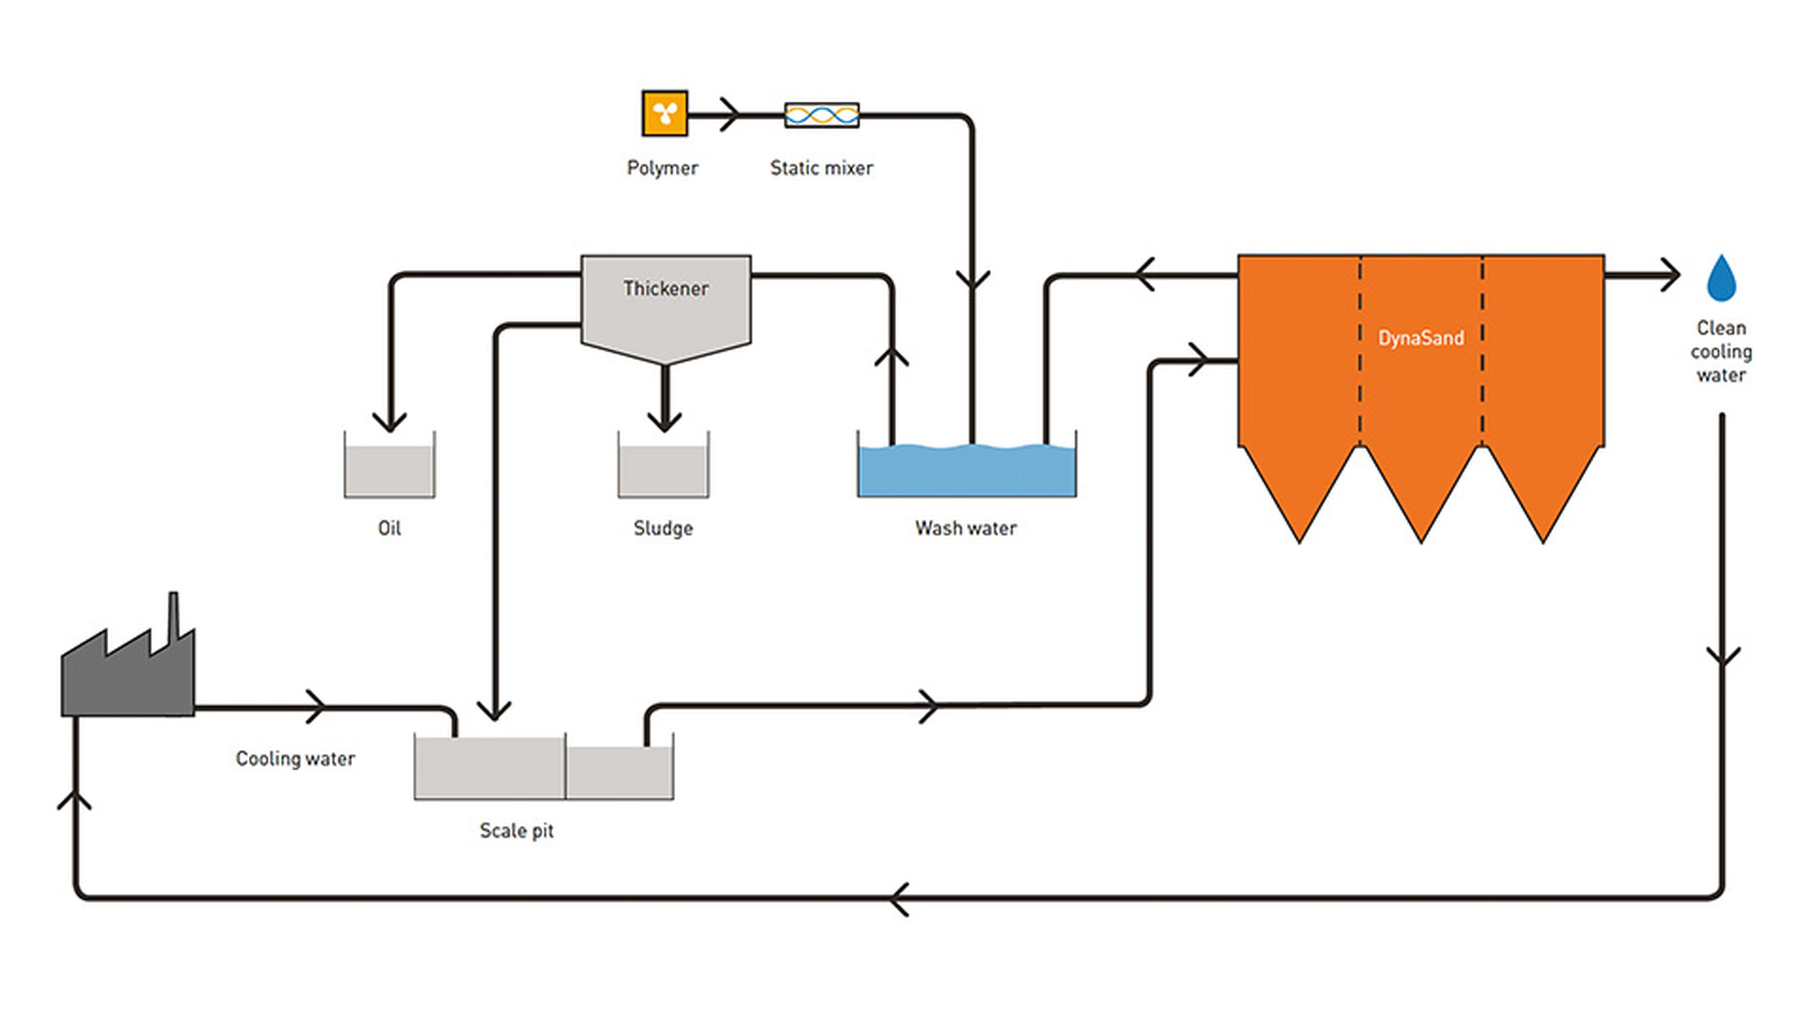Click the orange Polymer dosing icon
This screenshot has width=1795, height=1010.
point(665,113)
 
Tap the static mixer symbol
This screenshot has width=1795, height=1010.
point(822,115)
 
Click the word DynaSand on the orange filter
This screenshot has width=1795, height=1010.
point(1421,338)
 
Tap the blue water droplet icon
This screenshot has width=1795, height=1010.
point(1721,278)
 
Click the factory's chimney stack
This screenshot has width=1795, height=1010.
point(173,617)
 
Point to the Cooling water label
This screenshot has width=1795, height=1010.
point(295,758)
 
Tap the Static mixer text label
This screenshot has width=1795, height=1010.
point(822,168)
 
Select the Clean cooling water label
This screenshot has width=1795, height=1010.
point(1721,351)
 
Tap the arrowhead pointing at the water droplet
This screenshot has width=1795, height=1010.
point(1670,275)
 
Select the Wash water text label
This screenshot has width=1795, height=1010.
point(966,528)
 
